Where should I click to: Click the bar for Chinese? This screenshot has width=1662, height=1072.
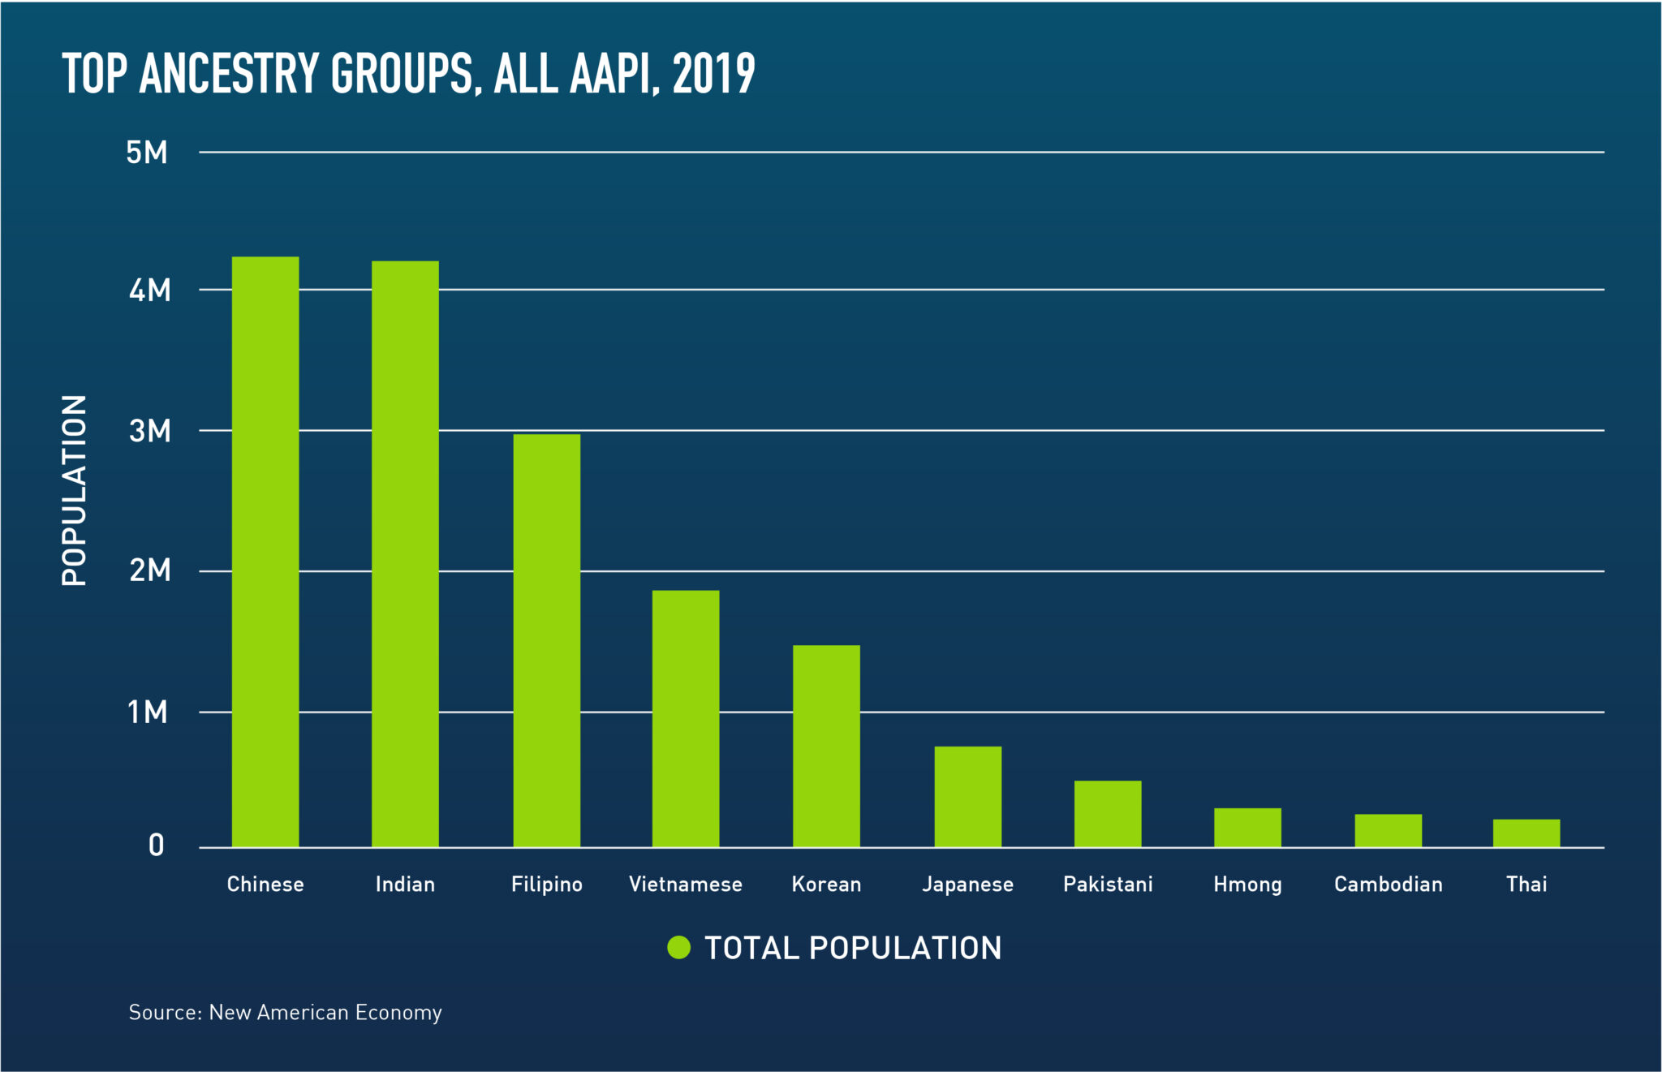tap(265, 552)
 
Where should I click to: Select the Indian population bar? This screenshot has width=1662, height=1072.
tap(405, 554)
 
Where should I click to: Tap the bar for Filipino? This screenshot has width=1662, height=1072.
tap(547, 641)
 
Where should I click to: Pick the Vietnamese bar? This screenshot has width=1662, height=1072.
tap(686, 719)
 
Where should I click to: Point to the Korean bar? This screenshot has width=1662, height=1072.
tap(826, 747)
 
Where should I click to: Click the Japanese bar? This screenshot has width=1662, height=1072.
tap(967, 797)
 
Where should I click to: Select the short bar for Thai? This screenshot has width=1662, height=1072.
tap(1526, 833)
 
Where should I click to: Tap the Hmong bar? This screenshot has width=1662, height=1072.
tap(1247, 828)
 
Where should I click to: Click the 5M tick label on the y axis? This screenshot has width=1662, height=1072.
tap(147, 153)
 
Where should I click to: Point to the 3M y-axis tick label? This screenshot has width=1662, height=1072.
tap(149, 431)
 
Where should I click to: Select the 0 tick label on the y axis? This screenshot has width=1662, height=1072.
tap(156, 846)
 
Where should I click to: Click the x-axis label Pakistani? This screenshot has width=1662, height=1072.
tap(1108, 884)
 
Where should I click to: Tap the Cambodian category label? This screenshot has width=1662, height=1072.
tap(1388, 884)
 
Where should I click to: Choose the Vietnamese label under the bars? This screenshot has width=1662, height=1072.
tap(686, 884)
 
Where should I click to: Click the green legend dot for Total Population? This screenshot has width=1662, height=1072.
tap(678, 947)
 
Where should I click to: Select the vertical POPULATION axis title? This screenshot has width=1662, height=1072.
tap(74, 490)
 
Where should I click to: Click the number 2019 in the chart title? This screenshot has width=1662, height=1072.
tap(713, 74)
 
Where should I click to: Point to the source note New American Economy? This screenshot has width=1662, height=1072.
tap(325, 1012)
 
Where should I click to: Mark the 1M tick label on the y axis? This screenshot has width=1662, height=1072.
tap(147, 713)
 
